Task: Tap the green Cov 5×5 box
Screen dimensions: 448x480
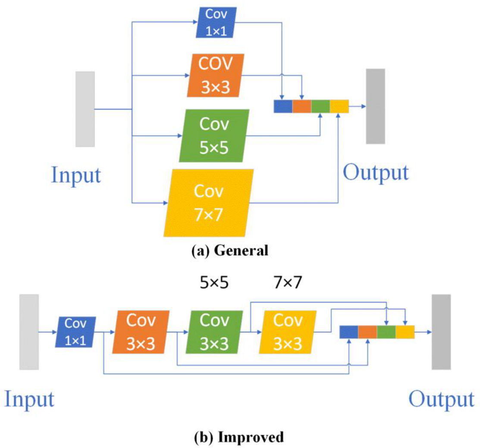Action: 214,135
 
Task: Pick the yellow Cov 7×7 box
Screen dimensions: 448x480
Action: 209,203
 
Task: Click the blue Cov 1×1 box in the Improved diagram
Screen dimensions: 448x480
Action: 75,332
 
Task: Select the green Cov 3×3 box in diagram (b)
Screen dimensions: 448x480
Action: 213,332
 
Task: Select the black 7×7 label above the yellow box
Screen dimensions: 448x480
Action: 288,283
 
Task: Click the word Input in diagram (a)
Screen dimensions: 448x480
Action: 76,175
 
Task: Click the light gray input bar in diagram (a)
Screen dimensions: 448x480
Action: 85,109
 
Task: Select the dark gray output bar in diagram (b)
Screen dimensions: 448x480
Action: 441,332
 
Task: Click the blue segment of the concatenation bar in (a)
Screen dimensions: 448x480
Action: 283,106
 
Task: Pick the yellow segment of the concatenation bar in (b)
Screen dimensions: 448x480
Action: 405,332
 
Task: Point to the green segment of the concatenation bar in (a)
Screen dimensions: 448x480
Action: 320,106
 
